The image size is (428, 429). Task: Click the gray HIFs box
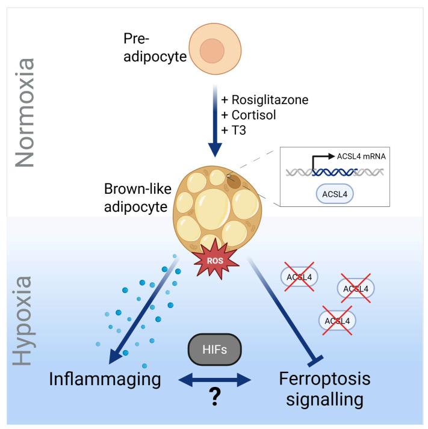point(215,348)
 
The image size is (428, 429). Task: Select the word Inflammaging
point(106,379)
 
